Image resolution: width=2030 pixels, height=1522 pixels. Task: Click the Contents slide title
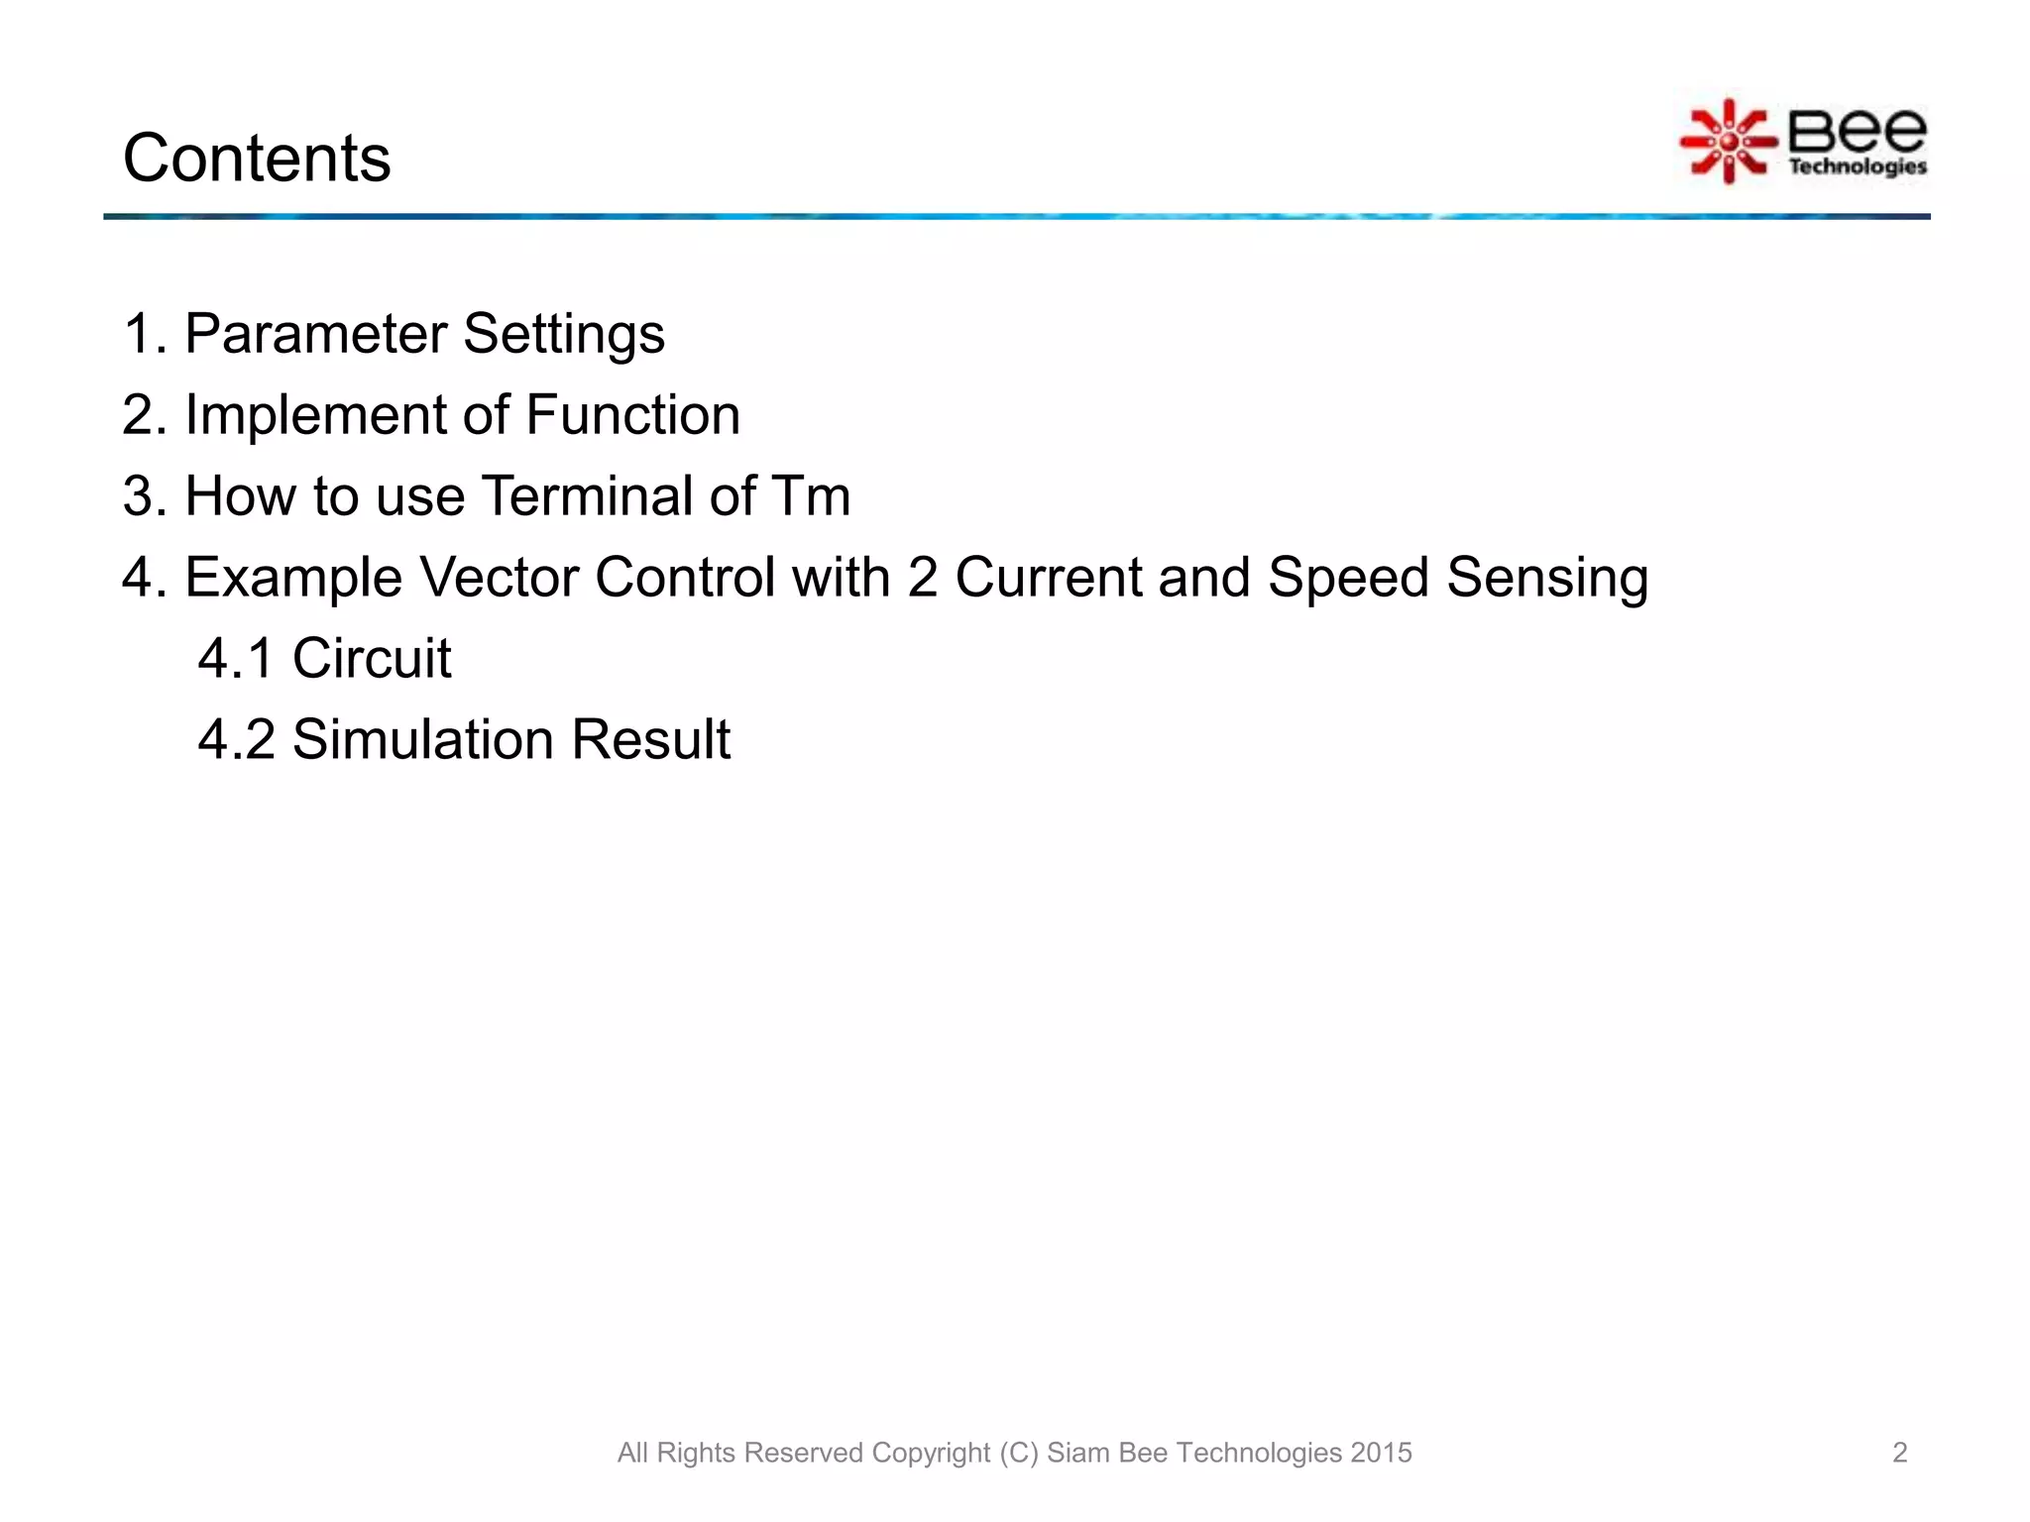pos(257,159)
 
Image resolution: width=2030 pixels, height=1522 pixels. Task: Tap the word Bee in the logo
pos(1857,131)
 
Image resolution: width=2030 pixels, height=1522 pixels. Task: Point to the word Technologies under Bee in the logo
pos(1858,166)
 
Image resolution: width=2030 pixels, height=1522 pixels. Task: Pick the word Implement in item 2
pos(315,415)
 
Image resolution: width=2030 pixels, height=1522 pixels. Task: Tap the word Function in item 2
pos(632,415)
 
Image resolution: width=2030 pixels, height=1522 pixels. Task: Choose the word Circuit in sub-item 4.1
pos(372,659)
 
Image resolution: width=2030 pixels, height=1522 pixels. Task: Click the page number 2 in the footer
pos(1899,1453)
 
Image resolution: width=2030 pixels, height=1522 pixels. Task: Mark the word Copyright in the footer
pos(931,1453)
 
